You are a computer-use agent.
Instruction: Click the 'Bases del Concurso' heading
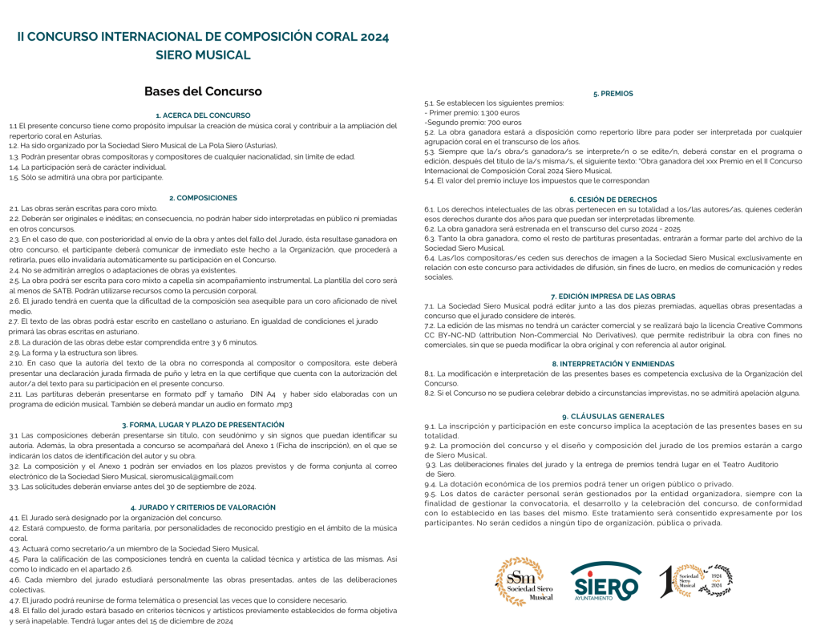click(203, 92)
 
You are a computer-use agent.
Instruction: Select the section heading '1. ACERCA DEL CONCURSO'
click(203, 115)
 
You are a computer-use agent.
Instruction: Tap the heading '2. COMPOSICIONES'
click(203, 197)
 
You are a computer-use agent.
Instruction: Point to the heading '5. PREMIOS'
click(613, 94)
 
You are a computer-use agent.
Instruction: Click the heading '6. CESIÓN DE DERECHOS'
click(613, 199)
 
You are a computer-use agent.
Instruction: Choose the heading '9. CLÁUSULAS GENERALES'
click(613, 416)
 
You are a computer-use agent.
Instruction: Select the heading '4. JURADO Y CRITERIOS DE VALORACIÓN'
click(203, 507)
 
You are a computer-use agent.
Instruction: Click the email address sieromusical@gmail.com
click(193, 476)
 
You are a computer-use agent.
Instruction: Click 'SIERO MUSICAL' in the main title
click(203, 55)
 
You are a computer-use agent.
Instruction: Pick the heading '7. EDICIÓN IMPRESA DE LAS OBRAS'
click(613, 296)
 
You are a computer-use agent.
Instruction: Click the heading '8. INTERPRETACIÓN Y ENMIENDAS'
click(613, 364)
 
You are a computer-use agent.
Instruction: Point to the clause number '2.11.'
click(16, 394)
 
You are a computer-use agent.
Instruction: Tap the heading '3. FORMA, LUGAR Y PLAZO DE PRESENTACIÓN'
click(203, 425)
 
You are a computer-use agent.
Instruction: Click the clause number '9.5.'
click(431, 494)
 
